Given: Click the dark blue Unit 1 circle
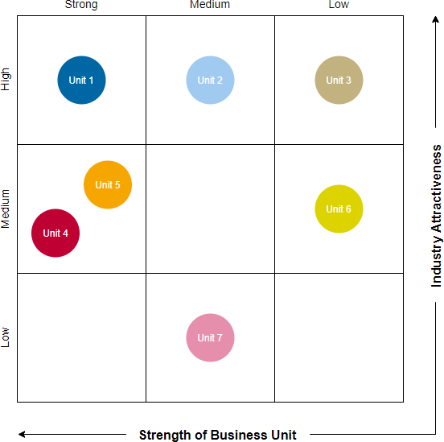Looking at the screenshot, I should [x=81, y=81].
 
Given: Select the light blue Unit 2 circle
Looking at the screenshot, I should [x=210, y=81].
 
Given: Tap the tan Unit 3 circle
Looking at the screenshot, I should [x=339, y=81].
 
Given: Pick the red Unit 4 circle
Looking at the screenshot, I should [x=55, y=233].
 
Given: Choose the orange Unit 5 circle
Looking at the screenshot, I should [x=108, y=185].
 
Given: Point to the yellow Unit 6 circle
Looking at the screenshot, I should [x=339, y=209].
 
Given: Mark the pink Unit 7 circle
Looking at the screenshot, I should [x=210, y=338].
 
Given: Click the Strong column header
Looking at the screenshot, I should [x=81, y=5].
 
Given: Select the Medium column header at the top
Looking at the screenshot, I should [x=210, y=5].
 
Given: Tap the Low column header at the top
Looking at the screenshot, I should [x=339, y=5].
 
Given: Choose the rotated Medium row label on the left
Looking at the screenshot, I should [x=6, y=209].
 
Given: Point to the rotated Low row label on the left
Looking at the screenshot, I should [x=6, y=337].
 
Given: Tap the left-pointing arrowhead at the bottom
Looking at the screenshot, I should [x=23, y=435].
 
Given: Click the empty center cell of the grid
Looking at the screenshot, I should [x=210, y=209].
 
